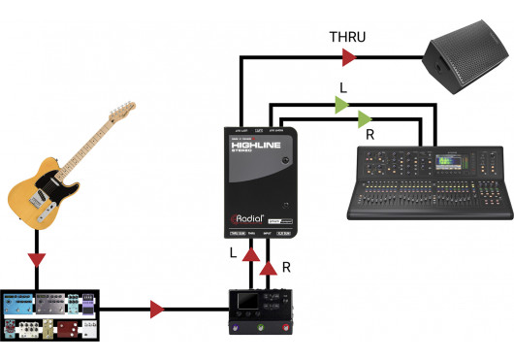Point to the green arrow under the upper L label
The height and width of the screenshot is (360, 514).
342,108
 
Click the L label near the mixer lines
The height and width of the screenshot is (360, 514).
342,87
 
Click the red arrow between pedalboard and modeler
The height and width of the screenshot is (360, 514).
157,311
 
